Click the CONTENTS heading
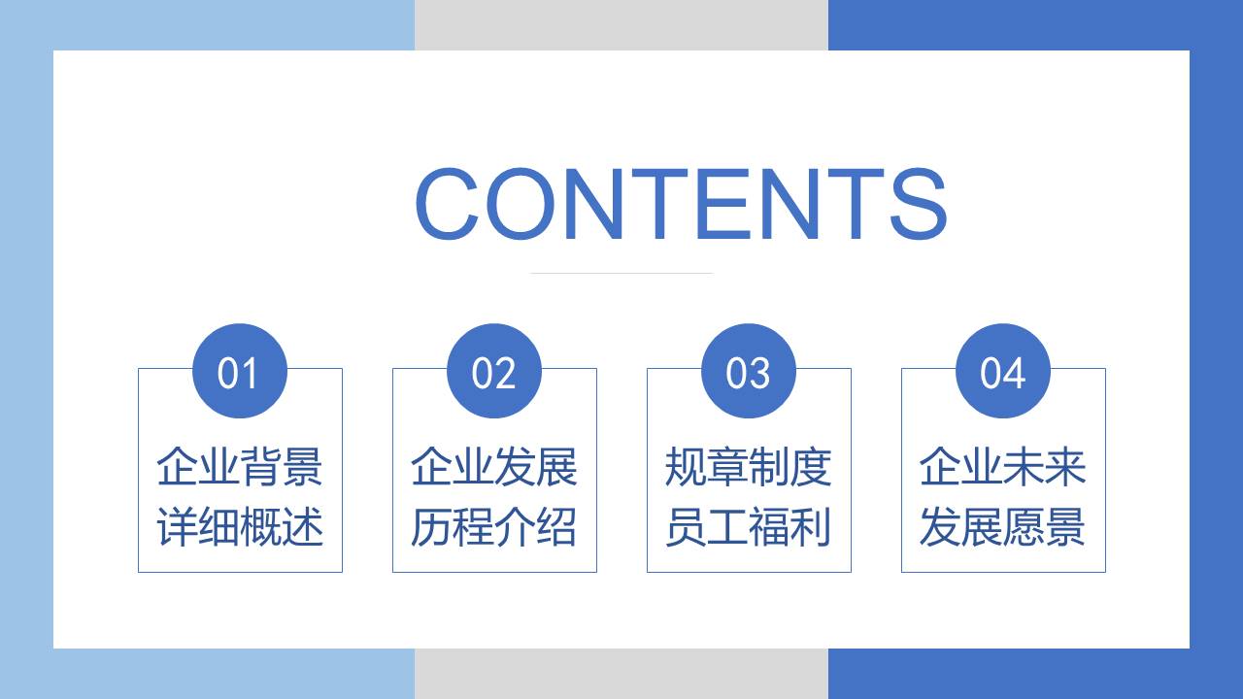click(681, 203)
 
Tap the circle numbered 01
click(240, 371)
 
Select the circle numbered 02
click(494, 371)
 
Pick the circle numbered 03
click(749, 371)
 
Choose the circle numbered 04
click(1003, 371)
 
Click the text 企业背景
click(240, 467)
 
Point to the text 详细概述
click(240, 527)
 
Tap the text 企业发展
click(494, 467)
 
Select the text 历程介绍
click(494, 527)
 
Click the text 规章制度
click(749, 467)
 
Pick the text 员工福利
click(749, 527)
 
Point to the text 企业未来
click(1003, 467)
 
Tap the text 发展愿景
click(1003, 527)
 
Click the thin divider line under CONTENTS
click(621, 273)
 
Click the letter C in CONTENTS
click(448, 203)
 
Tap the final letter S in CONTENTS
click(919, 203)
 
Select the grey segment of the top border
click(621, 25)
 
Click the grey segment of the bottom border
click(621, 674)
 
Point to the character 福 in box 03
click(769, 527)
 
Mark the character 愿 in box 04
click(1024, 527)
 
